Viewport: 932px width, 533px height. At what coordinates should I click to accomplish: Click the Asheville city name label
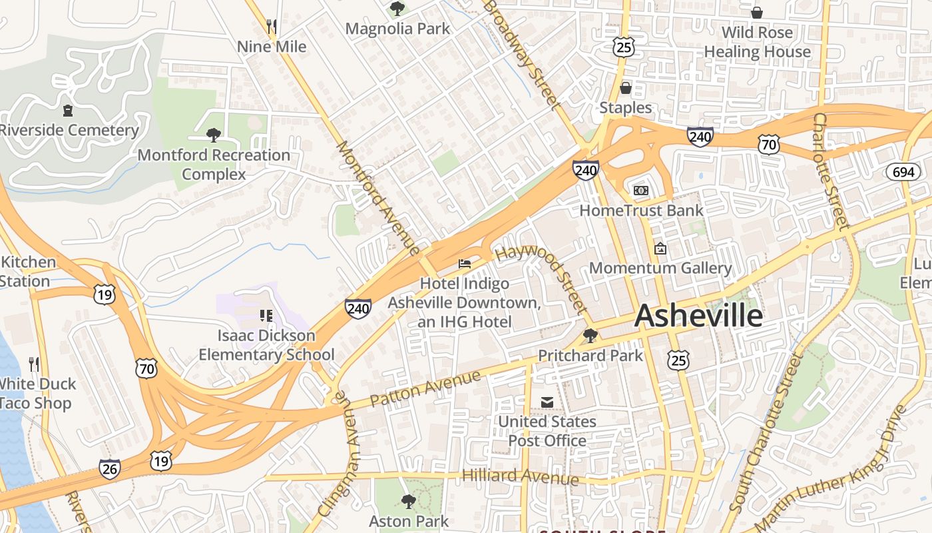tap(698, 316)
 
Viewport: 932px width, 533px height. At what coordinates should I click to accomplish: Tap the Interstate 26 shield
tap(110, 469)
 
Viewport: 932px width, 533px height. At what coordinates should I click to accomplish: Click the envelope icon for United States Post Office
tap(547, 402)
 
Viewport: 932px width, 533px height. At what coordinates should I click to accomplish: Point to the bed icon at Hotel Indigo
tap(465, 264)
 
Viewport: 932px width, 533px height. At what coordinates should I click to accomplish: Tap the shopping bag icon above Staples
tap(625, 88)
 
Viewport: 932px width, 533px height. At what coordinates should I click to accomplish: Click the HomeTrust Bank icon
tap(641, 191)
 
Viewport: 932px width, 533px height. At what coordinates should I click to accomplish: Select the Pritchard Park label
tap(590, 355)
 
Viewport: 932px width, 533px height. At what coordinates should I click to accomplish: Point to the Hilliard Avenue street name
tap(520, 476)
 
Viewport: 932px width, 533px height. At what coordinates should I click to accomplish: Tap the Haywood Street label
tap(541, 278)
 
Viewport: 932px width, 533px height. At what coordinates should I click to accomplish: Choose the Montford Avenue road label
tap(378, 197)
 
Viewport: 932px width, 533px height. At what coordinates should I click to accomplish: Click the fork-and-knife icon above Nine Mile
tap(272, 27)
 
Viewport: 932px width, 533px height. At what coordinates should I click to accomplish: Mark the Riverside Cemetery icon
tap(67, 110)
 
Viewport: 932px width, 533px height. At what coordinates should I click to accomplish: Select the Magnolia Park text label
tap(397, 29)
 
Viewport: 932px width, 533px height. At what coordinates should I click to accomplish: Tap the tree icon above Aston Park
tap(409, 501)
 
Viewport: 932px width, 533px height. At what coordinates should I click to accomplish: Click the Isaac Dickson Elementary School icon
tap(266, 315)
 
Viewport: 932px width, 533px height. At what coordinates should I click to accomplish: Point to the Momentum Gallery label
tap(660, 268)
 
